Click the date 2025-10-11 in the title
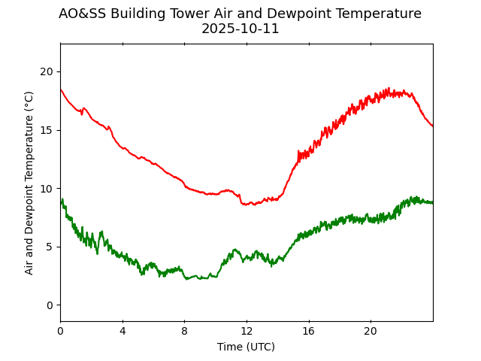point(240,29)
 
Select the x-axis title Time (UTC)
point(246,347)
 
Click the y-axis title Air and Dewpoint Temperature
point(29,183)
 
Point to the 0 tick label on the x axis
point(60,331)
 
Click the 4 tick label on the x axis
point(123,331)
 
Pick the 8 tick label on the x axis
point(184,331)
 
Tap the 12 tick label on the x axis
point(247,331)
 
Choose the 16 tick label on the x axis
point(309,331)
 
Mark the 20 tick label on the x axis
point(371,331)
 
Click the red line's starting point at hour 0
point(61,89)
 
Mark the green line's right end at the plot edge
point(432,202)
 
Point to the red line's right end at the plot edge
point(432,126)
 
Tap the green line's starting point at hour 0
point(61,203)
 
